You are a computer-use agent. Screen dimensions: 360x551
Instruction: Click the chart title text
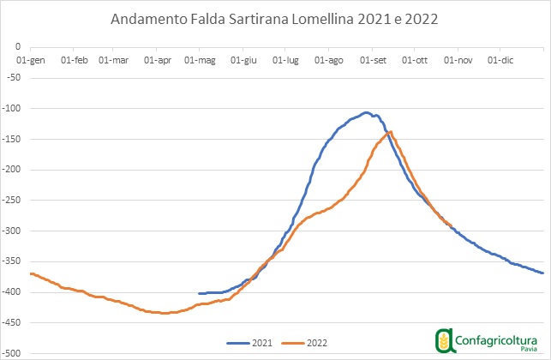pyautogui.click(x=275, y=18)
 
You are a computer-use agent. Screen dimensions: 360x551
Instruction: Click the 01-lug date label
pyautogui.click(x=285, y=60)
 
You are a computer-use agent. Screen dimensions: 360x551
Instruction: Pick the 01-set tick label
pyautogui.click(x=374, y=60)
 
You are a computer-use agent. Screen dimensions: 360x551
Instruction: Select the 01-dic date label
pyautogui.click(x=500, y=60)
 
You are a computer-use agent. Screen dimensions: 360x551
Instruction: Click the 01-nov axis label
pyautogui.click(x=458, y=60)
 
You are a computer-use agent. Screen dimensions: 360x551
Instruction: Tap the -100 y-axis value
pyautogui.click(x=12, y=108)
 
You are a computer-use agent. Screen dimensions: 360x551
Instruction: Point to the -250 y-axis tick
pyautogui.click(x=12, y=201)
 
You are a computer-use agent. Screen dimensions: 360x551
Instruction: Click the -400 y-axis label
pyautogui.click(x=12, y=292)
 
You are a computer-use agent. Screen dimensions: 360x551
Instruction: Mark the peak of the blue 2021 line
pyautogui.click(x=366, y=112)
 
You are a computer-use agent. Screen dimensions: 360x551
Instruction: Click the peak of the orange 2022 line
pyautogui.click(x=391, y=131)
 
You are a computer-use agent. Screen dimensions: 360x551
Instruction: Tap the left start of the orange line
pyautogui.click(x=31, y=273)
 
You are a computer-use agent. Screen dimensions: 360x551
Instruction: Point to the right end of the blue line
pyautogui.click(x=542, y=273)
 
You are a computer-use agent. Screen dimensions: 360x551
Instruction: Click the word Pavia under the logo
pyautogui.click(x=529, y=351)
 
